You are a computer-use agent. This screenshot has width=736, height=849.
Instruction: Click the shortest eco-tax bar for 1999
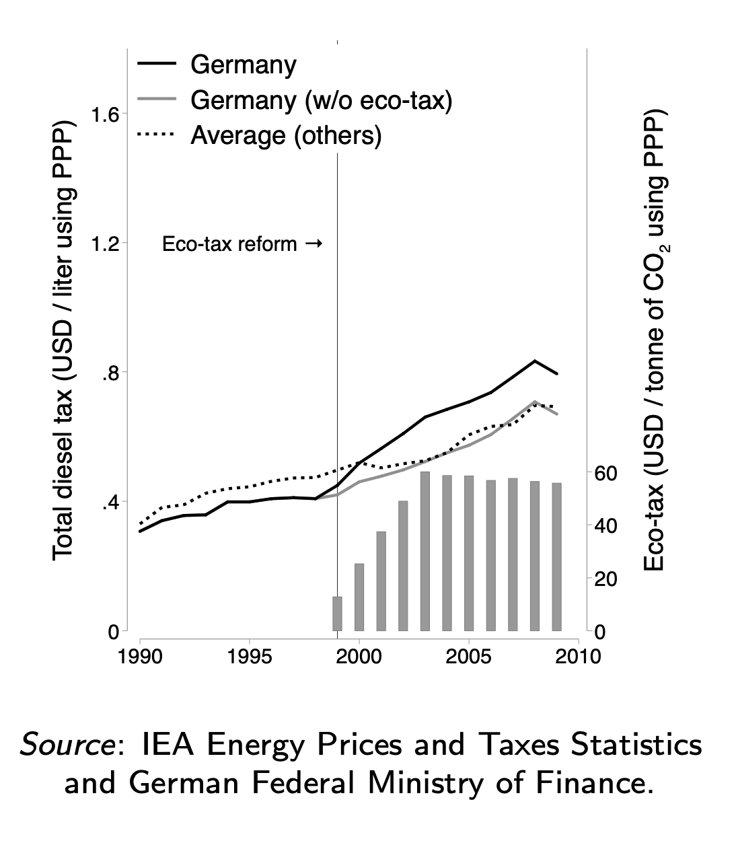(x=337, y=614)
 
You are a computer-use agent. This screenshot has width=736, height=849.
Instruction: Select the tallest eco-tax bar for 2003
(x=425, y=551)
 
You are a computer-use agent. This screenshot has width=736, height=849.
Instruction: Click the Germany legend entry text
(x=243, y=65)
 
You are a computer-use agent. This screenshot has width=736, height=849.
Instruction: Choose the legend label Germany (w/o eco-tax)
(x=321, y=100)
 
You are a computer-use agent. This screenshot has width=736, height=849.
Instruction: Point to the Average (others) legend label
(x=287, y=135)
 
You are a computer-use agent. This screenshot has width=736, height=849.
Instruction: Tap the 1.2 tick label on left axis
(x=104, y=244)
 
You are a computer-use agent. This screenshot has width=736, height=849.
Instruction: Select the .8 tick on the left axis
(x=110, y=373)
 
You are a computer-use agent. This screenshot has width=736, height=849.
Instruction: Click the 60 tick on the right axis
(x=605, y=473)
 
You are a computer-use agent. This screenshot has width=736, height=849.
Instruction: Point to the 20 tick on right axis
(x=605, y=579)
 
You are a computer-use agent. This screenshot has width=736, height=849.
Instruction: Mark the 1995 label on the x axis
(x=250, y=657)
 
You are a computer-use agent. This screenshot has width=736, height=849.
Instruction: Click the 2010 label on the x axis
(x=578, y=657)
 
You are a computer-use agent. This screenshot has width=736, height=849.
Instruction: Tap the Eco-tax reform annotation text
(x=229, y=244)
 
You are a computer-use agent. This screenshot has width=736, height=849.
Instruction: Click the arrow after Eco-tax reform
(x=314, y=244)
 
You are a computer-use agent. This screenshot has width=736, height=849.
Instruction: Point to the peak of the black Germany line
(x=535, y=361)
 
